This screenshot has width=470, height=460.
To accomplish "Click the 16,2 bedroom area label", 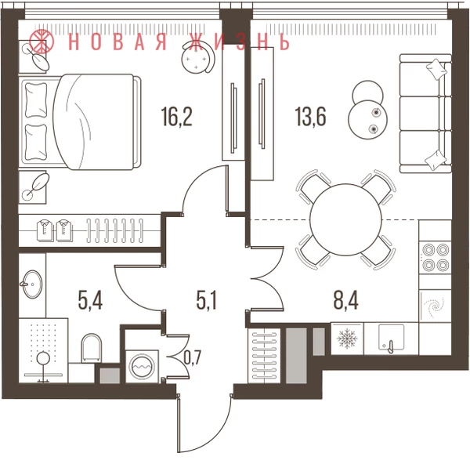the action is (x=176, y=117).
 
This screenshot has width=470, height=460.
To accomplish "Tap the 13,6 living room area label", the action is (x=310, y=117).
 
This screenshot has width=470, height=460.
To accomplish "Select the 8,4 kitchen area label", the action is (x=346, y=300).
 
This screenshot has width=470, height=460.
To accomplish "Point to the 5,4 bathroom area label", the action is (x=90, y=300).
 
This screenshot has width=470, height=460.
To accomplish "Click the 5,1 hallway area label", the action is (x=207, y=300).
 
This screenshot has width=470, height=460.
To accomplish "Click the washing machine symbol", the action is (x=143, y=366).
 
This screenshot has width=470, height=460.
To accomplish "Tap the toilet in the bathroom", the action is (x=92, y=348).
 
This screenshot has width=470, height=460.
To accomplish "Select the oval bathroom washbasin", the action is (x=32, y=284).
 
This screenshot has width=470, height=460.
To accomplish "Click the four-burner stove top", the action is (x=436, y=257).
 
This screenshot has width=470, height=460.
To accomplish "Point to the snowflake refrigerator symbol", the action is (x=347, y=339).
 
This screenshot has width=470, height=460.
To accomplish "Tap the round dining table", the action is (x=345, y=219).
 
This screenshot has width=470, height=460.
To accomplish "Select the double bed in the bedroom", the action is (x=80, y=121).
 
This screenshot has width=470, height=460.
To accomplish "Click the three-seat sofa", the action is (x=425, y=114).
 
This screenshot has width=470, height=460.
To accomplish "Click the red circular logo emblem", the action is (x=42, y=41).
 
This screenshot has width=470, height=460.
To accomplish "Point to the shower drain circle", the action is (x=44, y=358).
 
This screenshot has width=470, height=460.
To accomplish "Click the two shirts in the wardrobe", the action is (x=55, y=230).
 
